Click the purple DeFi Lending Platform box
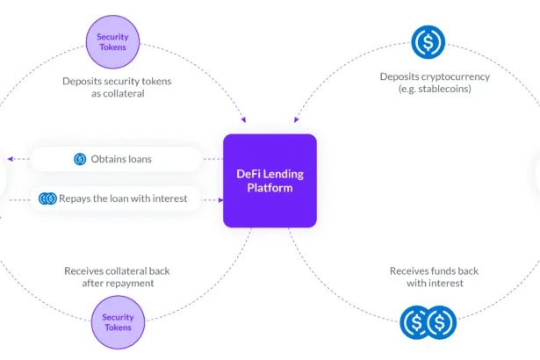point(270,181)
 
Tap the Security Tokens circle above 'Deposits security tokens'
point(112,42)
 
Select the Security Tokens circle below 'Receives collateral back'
point(119,322)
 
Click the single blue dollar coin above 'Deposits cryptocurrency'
point(428,42)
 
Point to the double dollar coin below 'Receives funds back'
point(428,322)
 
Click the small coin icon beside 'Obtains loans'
point(80,159)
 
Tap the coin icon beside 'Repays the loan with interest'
point(47,198)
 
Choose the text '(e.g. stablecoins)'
point(435,89)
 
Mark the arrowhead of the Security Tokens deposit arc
point(244,120)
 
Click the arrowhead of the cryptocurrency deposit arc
point(296,120)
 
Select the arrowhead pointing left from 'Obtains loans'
point(11,159)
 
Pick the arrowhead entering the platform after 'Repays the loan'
point(220,200)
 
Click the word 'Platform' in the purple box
point(270,188)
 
